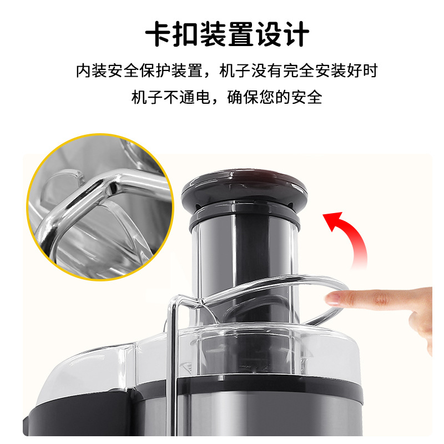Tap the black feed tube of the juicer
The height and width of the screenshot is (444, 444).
[x=244, y=255]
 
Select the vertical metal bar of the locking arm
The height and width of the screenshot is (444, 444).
[x=171, y=366]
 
